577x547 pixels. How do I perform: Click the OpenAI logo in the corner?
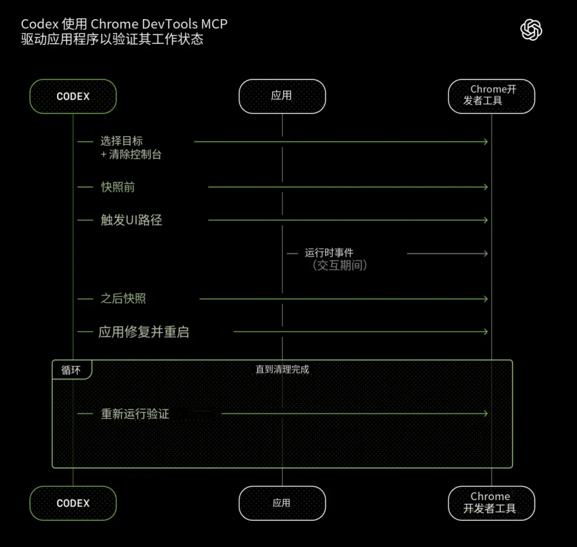(531, 29)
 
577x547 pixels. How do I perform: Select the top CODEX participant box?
(73, 97)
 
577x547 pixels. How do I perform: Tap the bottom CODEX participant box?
(73, 503)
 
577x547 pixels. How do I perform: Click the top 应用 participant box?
(282, 96)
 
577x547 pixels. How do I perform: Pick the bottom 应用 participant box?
(282, 503)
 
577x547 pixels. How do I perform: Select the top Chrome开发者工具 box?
(491, 96)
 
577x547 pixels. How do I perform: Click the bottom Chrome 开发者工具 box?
(491, 503)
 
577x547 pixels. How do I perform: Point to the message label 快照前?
(118, 187)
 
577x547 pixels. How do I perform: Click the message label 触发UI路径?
(131, 220)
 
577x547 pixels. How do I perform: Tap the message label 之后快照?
(123, 299)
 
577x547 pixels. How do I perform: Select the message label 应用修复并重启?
(144, 332)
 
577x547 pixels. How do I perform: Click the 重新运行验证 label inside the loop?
(135, 414)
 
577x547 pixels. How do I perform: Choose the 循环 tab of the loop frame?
(71, 370)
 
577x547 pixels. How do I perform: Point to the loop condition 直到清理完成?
(282, 369)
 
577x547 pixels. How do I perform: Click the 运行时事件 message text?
(329, 253)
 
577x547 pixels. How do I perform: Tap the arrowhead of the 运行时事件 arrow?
(485, 253)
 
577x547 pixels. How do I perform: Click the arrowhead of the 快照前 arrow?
(485, 187)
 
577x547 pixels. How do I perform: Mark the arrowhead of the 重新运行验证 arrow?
(485, 414)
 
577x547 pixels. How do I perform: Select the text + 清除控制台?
(131, 155)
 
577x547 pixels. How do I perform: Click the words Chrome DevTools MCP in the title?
(159, 24)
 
